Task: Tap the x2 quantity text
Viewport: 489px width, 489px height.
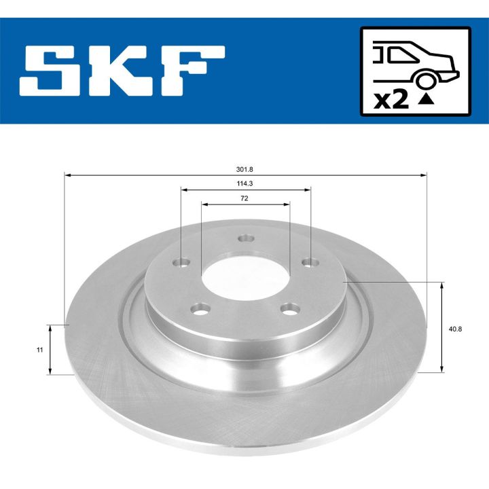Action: [x=392, y=100]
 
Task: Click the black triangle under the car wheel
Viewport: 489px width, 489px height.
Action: [x=426, y=100]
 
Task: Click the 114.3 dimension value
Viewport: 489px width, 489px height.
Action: [x=245, y=184]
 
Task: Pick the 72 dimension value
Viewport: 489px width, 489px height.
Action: [x=245, y=198]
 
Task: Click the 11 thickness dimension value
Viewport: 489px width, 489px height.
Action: [x=40, y=349]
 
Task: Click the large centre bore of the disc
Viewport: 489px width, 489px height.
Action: [x=245, y=274]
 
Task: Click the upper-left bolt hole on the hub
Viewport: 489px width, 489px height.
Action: [x=182, y=262]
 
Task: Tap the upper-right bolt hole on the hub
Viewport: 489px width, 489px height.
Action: [x=309, y=262]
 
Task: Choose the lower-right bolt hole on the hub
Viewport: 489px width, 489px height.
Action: [x=292, y=310]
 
